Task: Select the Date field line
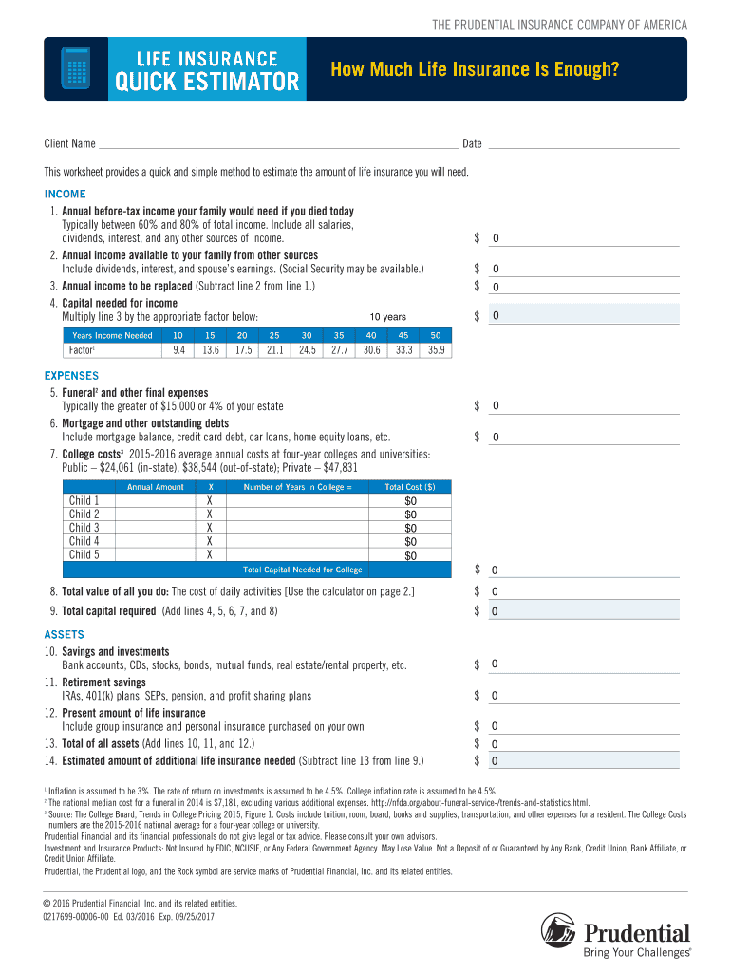(x=583, y=144)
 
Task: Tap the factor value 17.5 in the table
(x=242, y=350)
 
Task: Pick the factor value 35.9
(x=436, y=350)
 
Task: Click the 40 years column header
(x=371, y=335)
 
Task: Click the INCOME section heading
(x=65, y=195)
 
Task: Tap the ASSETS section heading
(x=65, y=634)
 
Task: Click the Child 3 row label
(x=84, y=528)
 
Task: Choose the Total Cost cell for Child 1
(x=410, y=501)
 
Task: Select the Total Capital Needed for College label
(x=303, y=570)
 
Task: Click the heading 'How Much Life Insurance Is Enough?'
(x=473, y=68)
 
